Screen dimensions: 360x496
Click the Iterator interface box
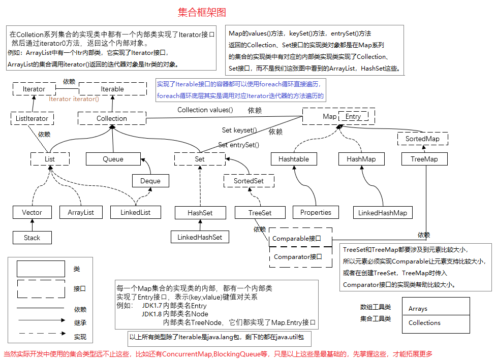click(34, 89)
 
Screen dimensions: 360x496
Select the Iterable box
click(112, 89)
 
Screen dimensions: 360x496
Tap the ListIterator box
click(32, 118)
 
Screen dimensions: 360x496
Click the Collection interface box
click(112, 118)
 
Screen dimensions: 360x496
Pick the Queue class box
click(113, 159)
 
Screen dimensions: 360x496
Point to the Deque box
click(150, 181)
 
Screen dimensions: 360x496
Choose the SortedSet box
click(249, 181)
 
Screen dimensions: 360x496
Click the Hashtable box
click(294, 159)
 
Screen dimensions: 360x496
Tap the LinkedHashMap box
click(383, 213)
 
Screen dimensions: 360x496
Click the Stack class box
click(32, 238)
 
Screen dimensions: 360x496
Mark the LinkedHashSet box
click(200, 237)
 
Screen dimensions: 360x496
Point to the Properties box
click(316, 212)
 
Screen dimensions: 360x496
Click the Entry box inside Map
click(353, 117)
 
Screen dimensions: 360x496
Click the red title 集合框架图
click(202, 12)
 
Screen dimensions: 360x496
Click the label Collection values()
click(205, 110)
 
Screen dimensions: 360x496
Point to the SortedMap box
click(422, 139)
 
